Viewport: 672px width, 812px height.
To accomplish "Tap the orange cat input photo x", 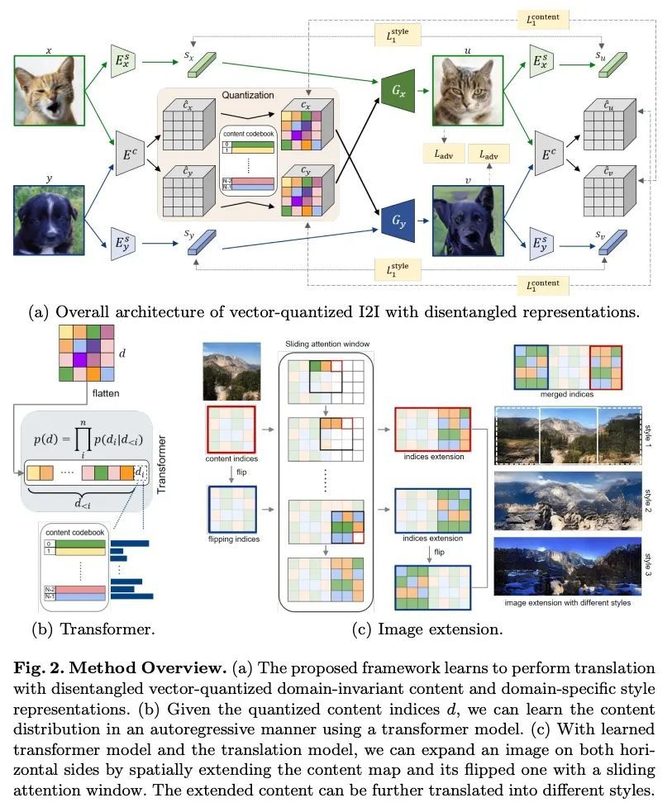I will pos(50,88).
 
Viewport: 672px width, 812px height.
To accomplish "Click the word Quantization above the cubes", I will pos(247,95).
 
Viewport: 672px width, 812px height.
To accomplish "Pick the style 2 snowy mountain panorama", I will pos(566,500).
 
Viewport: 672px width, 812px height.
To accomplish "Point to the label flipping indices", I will pos(233,539).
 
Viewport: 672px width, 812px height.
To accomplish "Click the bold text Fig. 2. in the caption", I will pos(54,667).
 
